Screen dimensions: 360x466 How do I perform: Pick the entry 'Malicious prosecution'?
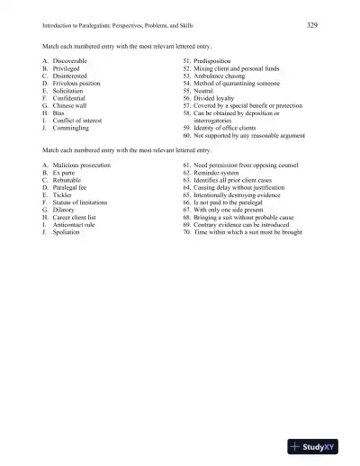[x=82, y=166]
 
